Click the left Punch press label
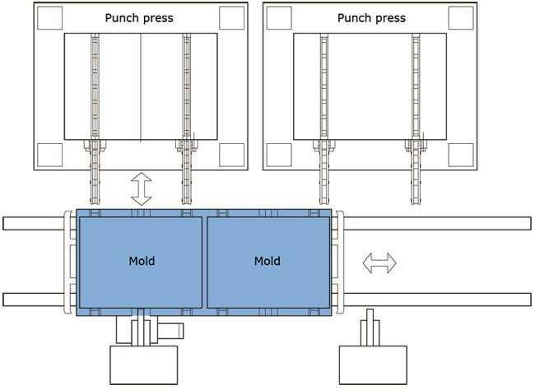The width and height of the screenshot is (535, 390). tap(139, 17)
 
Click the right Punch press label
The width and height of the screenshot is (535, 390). tap(371, 17)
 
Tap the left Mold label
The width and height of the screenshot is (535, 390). tap(142, 262)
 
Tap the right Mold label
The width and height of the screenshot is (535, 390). tap(267, 262)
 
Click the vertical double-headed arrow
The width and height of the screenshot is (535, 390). tap(142, 189)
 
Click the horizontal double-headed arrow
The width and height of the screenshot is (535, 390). tap(379, 263)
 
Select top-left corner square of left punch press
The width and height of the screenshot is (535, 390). tap(49, 17)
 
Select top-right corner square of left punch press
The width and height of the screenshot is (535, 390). tap(232, 17)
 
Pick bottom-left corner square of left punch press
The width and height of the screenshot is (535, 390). tap(49, 153)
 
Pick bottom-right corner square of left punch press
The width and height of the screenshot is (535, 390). tap(232, 153)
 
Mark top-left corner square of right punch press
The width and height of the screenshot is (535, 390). tap(279, 17)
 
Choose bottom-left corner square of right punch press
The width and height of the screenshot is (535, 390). tap(279, 153)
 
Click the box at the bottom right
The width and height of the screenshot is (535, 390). tap(373, 364)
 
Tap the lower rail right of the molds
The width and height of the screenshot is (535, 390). tap(436, 299)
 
